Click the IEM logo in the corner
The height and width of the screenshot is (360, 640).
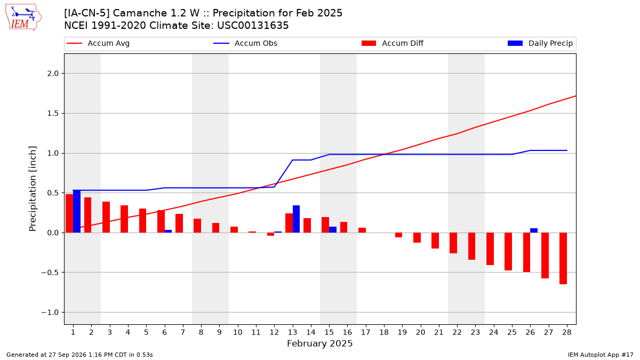[23, 18]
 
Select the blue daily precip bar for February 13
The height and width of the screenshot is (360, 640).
[297, 219]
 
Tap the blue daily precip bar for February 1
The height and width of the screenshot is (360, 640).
[77, 211]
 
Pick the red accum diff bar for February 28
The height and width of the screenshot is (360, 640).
[563, 259]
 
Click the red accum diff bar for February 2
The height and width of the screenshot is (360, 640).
[87, 215]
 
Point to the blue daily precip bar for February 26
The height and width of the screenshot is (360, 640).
[534, 230]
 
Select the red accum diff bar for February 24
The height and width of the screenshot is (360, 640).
[490, 249]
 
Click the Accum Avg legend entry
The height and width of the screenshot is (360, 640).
[98, 43]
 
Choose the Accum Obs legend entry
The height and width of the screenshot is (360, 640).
[245, 43]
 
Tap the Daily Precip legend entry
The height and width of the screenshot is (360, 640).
[540, 43]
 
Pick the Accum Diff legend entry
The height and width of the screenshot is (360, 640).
[393, 43]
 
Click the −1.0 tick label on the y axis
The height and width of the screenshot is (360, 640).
[50, 313]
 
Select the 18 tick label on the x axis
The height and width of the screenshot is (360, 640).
[383, 332]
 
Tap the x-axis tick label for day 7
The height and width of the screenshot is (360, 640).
[183, 332]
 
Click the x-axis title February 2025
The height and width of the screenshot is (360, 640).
[319, 343]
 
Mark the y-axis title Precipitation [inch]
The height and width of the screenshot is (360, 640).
[33, 189]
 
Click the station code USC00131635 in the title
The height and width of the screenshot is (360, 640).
[253, 26]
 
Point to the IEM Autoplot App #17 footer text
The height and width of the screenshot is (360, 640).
[601, 355]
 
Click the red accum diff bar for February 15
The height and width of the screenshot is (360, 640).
[325, 225]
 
